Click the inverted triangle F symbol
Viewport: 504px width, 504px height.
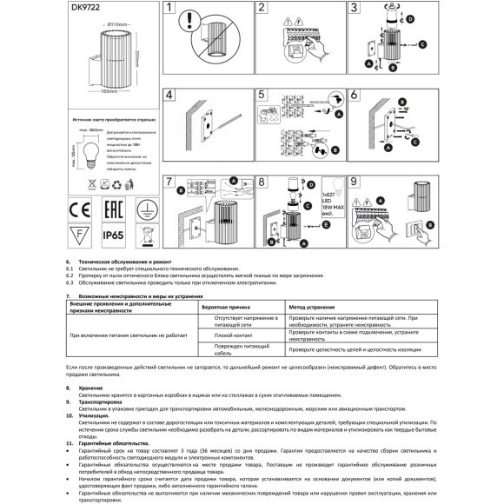80,235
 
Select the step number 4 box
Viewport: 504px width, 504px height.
170,95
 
